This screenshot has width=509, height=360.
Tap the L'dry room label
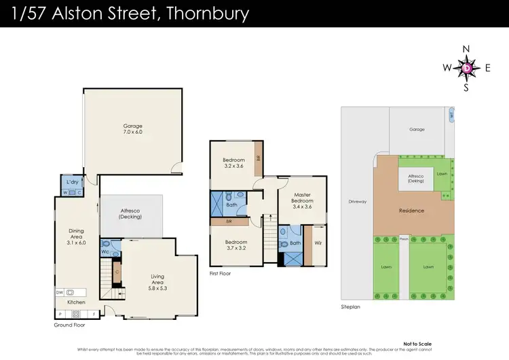71,183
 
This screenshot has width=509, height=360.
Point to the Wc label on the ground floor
105,252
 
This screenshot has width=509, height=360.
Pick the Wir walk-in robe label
317,242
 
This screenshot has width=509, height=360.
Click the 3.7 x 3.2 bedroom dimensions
237,249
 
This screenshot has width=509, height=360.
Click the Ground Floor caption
71,325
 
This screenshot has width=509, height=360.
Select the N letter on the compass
466,49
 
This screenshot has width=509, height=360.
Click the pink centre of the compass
467,68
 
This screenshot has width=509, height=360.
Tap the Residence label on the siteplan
411,211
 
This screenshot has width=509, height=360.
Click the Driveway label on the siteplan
357,202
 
